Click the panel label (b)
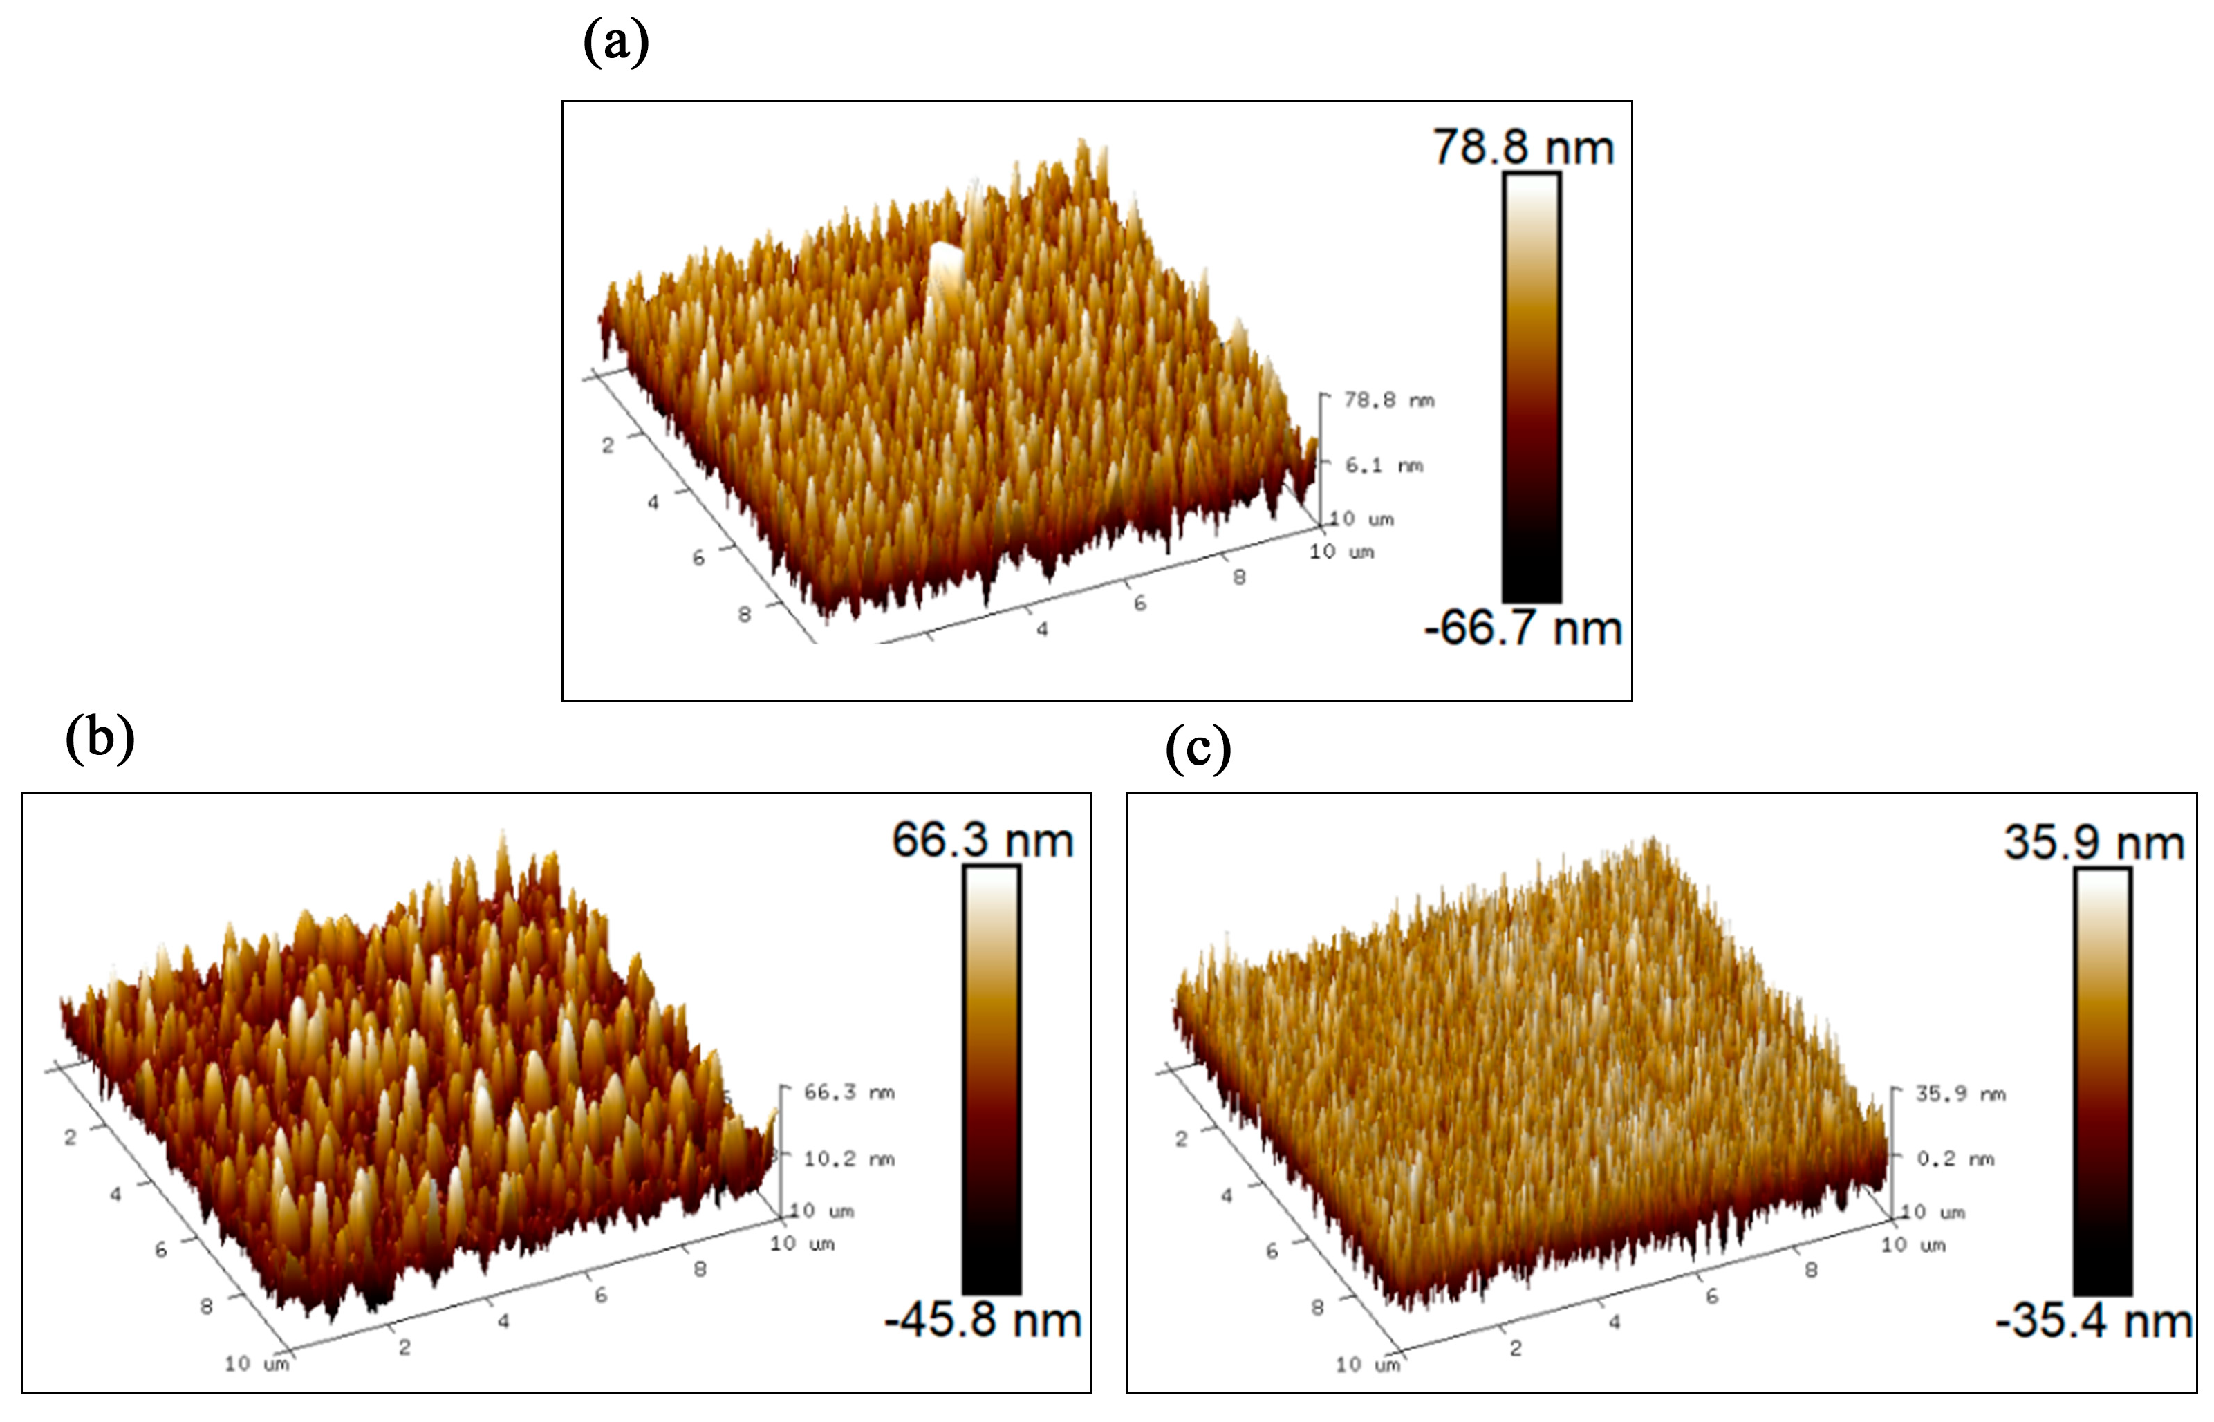[100, 739]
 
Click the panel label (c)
[1198, 748]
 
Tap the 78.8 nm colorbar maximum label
[1523, 148]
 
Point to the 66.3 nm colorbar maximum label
[982, 841]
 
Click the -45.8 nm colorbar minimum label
[983, 1320]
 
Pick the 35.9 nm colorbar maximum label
[2093, 842]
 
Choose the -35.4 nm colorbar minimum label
[2094, 1320]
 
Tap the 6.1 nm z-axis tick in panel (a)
[1383, 465]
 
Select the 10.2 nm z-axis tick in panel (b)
[848, 1158]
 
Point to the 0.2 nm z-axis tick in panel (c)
[1955, 1158]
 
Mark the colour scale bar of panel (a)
[1532, 388]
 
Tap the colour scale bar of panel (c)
[2102, 1080]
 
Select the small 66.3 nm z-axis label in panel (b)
[848, 1092]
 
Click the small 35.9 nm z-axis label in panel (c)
[1959, 1094]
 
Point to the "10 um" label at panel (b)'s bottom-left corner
[257, 1364]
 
